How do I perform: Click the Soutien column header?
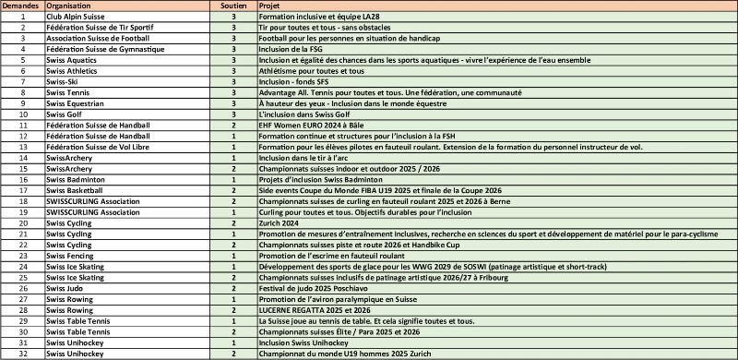click(234, 6)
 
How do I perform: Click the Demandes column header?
click(21, 6)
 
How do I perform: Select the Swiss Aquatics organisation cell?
click(69, 59)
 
